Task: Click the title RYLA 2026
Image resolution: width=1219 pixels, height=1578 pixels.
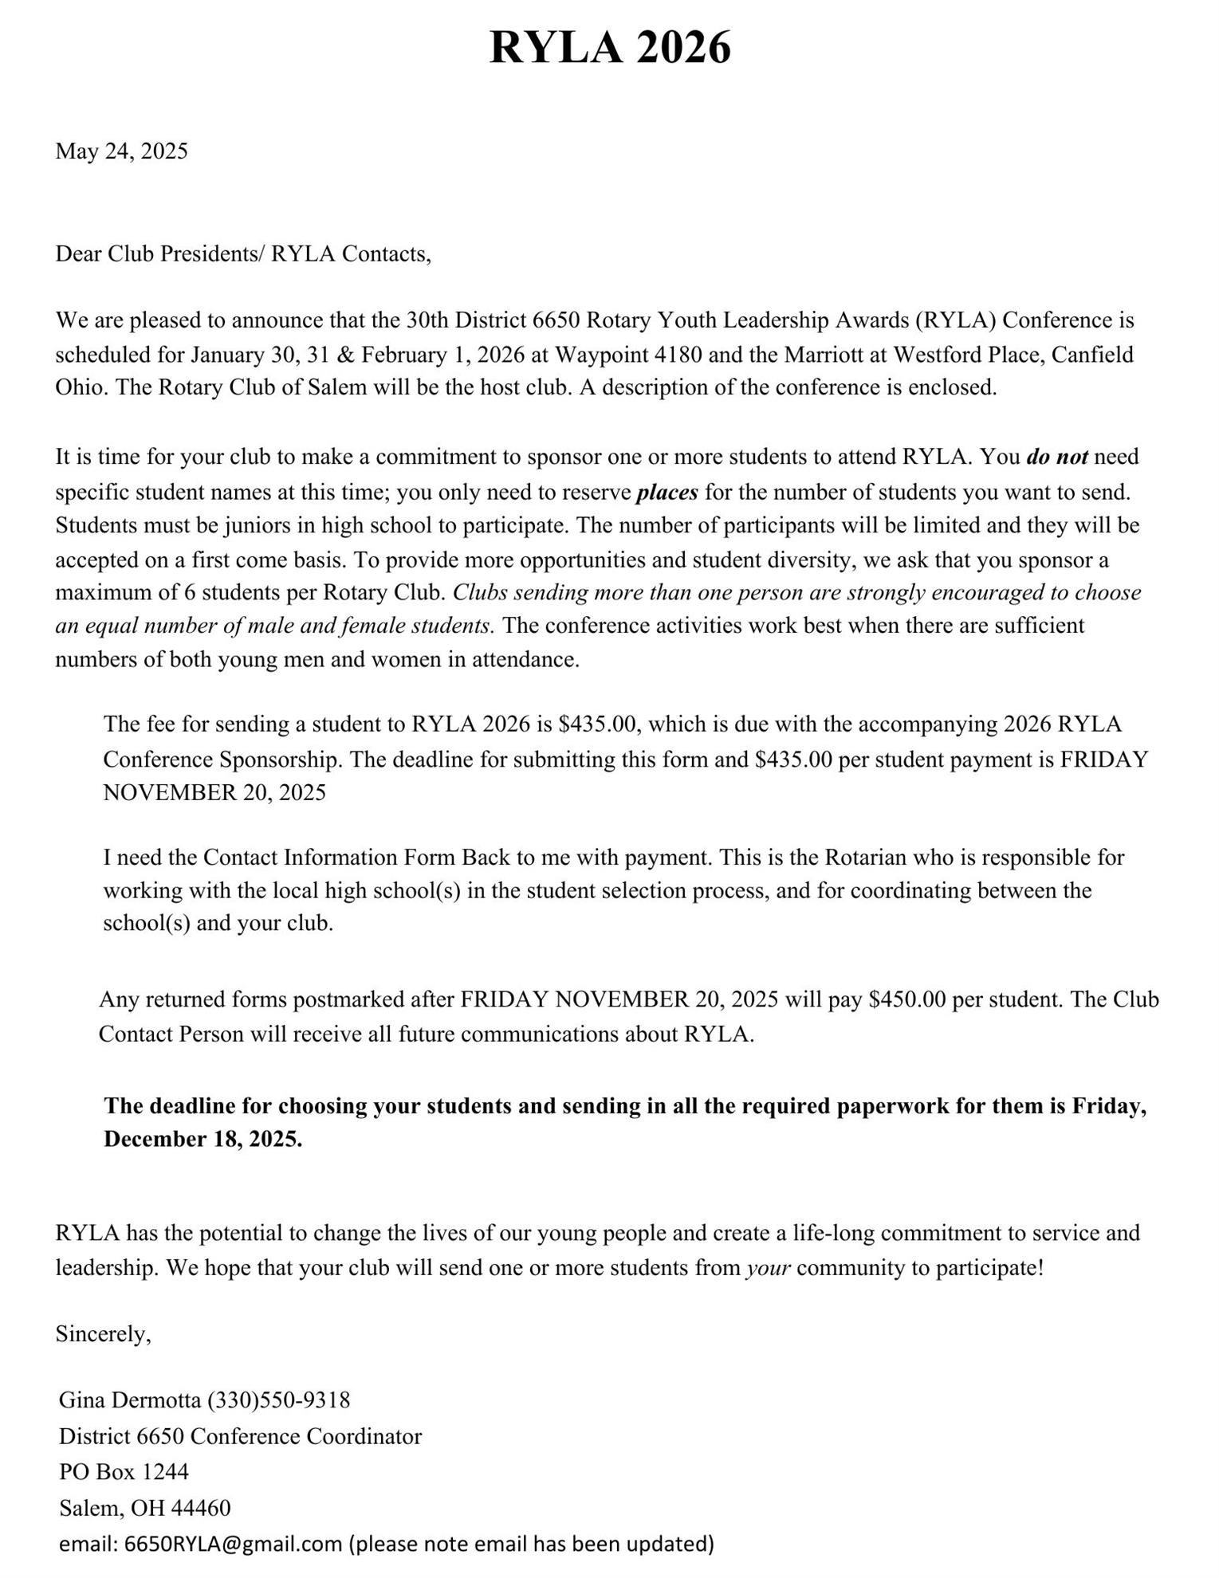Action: pos(609,48)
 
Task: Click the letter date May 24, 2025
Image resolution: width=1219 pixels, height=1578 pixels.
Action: pos(121,151)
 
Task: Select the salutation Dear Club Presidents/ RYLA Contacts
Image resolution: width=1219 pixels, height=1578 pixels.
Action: pos(242,253)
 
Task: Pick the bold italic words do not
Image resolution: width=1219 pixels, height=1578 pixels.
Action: pos(1056,457)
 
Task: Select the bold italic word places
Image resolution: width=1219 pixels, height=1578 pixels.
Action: pos(667,493)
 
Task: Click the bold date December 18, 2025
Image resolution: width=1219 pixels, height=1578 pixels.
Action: pos(203,1139)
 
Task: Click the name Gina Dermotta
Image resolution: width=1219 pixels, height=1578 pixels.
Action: pos(130,1400)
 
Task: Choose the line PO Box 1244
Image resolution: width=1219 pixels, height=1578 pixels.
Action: pos(124,1471)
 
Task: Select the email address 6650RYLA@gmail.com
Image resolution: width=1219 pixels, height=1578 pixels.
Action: pos(234,1544)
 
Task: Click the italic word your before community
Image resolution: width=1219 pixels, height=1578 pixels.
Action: pos(768,1268)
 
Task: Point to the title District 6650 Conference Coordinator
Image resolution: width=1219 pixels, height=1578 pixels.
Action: pos(240,1436)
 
